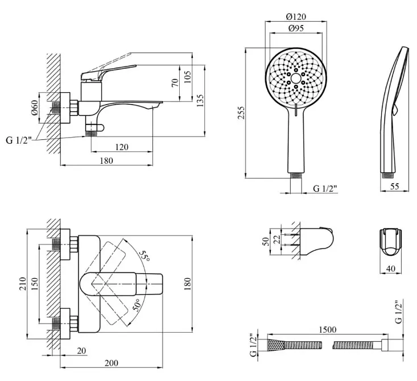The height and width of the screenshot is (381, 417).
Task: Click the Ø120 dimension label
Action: pyautogui.click(x=296, y=16)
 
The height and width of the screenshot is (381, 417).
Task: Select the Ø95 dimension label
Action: pyautogui.click(x=296, y=28)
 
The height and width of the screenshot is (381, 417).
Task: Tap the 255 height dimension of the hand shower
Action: pyautogui.click(x=241, y=113)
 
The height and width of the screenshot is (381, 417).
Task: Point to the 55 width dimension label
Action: pyautogui.click(x=395, y=187)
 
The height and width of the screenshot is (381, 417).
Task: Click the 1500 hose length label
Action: pyautogui.click(x=327, y=330)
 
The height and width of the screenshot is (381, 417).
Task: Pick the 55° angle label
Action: pyautogui.click(x=145, y=255)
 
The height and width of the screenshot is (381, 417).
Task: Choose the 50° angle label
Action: pyautogui.click(x=136, y=305)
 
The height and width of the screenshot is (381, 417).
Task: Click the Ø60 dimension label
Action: pyautogui.click(x=35, y=107)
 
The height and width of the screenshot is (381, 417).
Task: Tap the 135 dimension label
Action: pyautogui.click(x=200, y=100)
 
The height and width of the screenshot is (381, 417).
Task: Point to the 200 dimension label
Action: pyautogui.click(x=112, y=363)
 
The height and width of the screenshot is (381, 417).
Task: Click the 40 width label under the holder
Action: pyautogui.click(x=390, y=269)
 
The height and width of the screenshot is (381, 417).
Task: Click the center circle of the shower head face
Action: pyautogui.click(x=296, y=78)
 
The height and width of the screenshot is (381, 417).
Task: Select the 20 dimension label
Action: pyautogui.click(x=82, y=351)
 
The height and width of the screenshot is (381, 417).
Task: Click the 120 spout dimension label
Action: pyautogui.click(x=122, y=147)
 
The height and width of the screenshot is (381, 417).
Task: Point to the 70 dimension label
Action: pyautogui.click(x=175, y=82)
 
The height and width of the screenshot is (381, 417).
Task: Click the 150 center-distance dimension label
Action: pyautogui.click(x=35, y=283)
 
